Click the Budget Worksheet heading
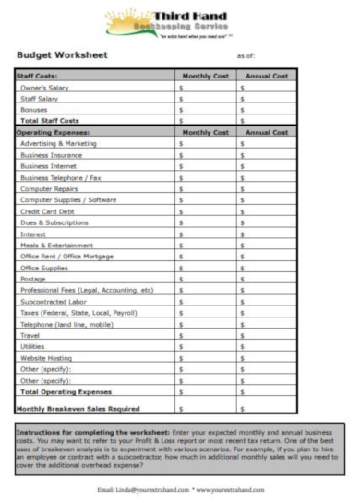coord(63,56)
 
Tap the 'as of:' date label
coord(246,56)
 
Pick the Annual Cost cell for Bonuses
coord(268,110)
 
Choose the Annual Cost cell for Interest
coord(268,234)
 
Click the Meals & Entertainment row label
coord(61,245)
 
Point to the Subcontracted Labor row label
coord(57,301)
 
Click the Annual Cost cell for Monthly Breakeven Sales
coord(268,406)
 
